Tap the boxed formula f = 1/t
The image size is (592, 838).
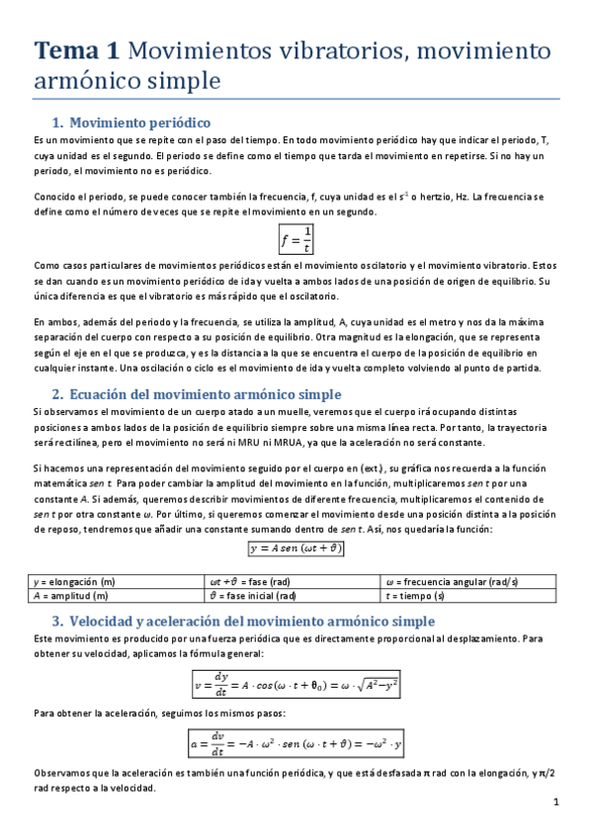(296, 238)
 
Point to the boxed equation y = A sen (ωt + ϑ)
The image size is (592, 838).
(296, 547)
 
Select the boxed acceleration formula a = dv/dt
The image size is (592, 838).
(296, 741)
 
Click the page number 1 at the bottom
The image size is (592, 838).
(556, 802)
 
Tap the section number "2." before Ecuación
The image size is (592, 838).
(57, 393)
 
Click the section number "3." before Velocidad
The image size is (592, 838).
(57, 621)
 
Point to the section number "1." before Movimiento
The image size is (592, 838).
(57, 123)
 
